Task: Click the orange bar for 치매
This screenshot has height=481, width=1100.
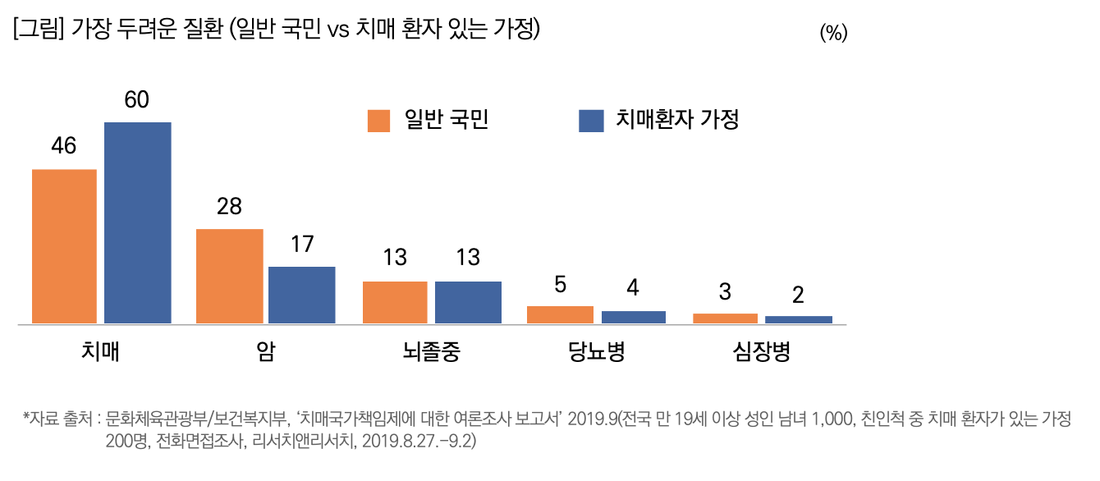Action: (64, 246)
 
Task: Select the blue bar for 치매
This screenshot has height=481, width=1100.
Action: (138, 222)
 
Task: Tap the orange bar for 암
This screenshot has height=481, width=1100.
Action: (229, 276)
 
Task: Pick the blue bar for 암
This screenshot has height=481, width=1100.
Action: (302, 295)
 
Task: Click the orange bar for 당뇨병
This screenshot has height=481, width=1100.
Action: (560, 314)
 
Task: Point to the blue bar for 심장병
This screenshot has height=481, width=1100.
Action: (799, 319)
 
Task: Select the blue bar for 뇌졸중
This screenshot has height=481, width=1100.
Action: (468, 302)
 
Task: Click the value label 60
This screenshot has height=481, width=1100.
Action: (137, 100)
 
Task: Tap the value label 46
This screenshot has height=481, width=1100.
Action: (63, 146)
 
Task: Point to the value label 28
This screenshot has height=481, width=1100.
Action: (229, 206)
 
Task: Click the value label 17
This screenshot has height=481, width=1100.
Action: (302, 244)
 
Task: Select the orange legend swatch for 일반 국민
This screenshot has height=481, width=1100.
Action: (378, 121)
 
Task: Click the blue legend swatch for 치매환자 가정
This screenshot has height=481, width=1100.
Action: (591, 121)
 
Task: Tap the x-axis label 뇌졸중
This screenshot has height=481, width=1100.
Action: (432, 352)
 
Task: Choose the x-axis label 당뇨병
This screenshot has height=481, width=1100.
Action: (596, 352)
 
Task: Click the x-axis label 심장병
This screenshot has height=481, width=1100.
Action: (762, 352)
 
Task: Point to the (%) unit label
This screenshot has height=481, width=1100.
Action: (833, 34)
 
